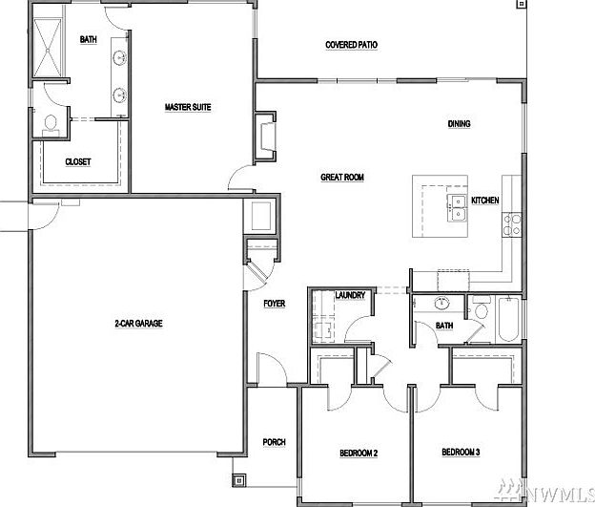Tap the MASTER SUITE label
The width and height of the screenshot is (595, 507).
click(187, 107)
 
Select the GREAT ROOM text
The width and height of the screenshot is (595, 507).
click(342, 177)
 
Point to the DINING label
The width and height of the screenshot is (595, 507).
click(460, 123)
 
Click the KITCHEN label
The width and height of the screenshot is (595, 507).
click(485, 201)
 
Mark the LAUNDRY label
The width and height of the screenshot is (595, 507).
click(350, 297)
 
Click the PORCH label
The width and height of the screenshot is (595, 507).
click(275, 442)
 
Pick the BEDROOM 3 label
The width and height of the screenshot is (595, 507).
click(460, 452)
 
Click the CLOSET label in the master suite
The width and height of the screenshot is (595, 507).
click(78, 162)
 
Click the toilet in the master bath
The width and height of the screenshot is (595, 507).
click(50, 124)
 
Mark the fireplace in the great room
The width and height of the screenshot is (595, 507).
click(264, 137)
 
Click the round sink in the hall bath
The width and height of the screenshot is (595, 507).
click(441, 306)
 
